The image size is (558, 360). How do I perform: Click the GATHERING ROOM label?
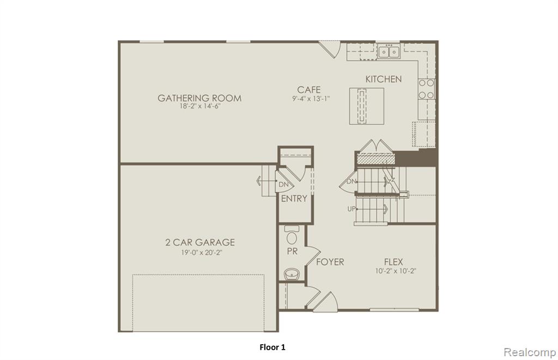tap(199, 98)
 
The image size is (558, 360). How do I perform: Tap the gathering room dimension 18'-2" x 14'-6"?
tap(199, 106)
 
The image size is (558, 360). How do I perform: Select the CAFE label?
tap(309, 90)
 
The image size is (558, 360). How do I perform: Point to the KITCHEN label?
tap(384, 79)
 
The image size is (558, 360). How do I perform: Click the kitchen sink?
tap(389, 52)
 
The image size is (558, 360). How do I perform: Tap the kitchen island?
tap(367, 106)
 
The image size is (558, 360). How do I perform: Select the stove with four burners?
tap(426, 89)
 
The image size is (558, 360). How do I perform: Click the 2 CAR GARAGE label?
tap(200, 242)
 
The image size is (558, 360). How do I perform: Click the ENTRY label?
tap(294, 198)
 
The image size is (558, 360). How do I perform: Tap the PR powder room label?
tap(292, 251)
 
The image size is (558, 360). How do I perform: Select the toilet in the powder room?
tap(292, 235)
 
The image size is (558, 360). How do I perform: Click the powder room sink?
tap(292, 274)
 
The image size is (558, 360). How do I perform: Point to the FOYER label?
tap(330, 262)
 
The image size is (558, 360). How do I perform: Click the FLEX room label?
tap(393, 262)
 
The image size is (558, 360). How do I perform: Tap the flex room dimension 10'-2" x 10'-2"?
tap(396, 271)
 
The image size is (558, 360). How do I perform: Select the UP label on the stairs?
tap(351, 209)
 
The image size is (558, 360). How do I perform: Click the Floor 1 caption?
tap(272, 347)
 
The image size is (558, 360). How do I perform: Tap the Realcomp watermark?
tap(530, 352)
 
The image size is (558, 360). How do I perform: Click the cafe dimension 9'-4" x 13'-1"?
tap(311, 99)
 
